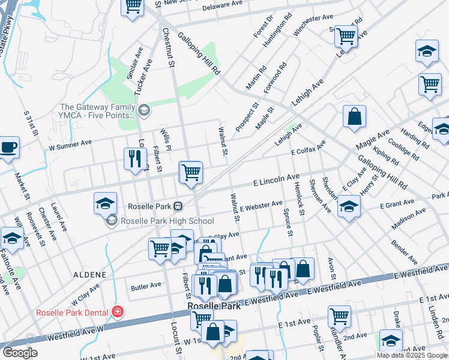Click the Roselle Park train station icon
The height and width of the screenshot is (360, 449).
point(178,206)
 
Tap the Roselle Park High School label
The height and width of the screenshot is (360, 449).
point(167,221)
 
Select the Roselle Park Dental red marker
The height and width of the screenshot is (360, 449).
point(118,311)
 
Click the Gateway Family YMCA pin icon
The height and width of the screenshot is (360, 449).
point(143,110)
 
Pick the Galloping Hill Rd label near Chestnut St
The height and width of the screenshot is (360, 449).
point(199,53)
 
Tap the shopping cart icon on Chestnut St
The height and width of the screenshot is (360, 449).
point(191,173)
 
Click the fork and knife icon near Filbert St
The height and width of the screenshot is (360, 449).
point(134,158)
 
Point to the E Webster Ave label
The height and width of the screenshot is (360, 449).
point(261,206)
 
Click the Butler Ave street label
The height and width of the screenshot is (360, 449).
point(146,285)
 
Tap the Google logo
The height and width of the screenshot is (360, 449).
point(20,353)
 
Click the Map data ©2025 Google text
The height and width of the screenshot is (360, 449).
point(412,355)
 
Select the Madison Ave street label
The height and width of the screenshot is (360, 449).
point(408,219)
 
